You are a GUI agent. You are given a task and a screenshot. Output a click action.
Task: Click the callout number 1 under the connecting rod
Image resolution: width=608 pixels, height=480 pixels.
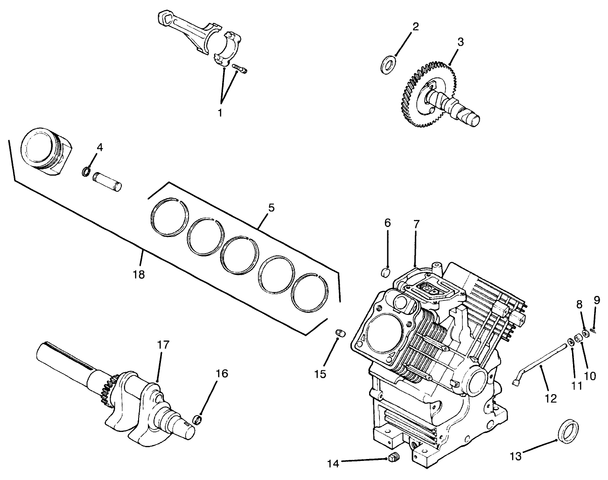tap(220, 112)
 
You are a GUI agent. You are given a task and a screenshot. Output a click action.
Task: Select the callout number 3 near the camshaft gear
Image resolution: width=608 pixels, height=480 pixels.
tap(460, 42)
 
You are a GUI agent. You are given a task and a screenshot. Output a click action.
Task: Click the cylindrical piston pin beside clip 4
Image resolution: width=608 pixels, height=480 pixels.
tap(107, 181)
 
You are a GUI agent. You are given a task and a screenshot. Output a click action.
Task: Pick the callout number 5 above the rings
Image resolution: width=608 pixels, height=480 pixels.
tap(271, 208)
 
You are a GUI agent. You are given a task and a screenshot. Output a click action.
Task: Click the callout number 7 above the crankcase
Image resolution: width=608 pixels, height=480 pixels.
tap(416, 224)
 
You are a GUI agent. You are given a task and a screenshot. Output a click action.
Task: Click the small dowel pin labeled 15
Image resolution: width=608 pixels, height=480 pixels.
tap(340, 334)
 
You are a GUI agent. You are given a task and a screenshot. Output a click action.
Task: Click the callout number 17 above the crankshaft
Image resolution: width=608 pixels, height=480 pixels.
tap(162, 346)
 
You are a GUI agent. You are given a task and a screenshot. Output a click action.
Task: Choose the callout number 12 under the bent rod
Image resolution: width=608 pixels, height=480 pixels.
tap(551, 398)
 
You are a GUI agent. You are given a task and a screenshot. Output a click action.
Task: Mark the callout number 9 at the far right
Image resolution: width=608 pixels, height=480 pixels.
tap(596, 301)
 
